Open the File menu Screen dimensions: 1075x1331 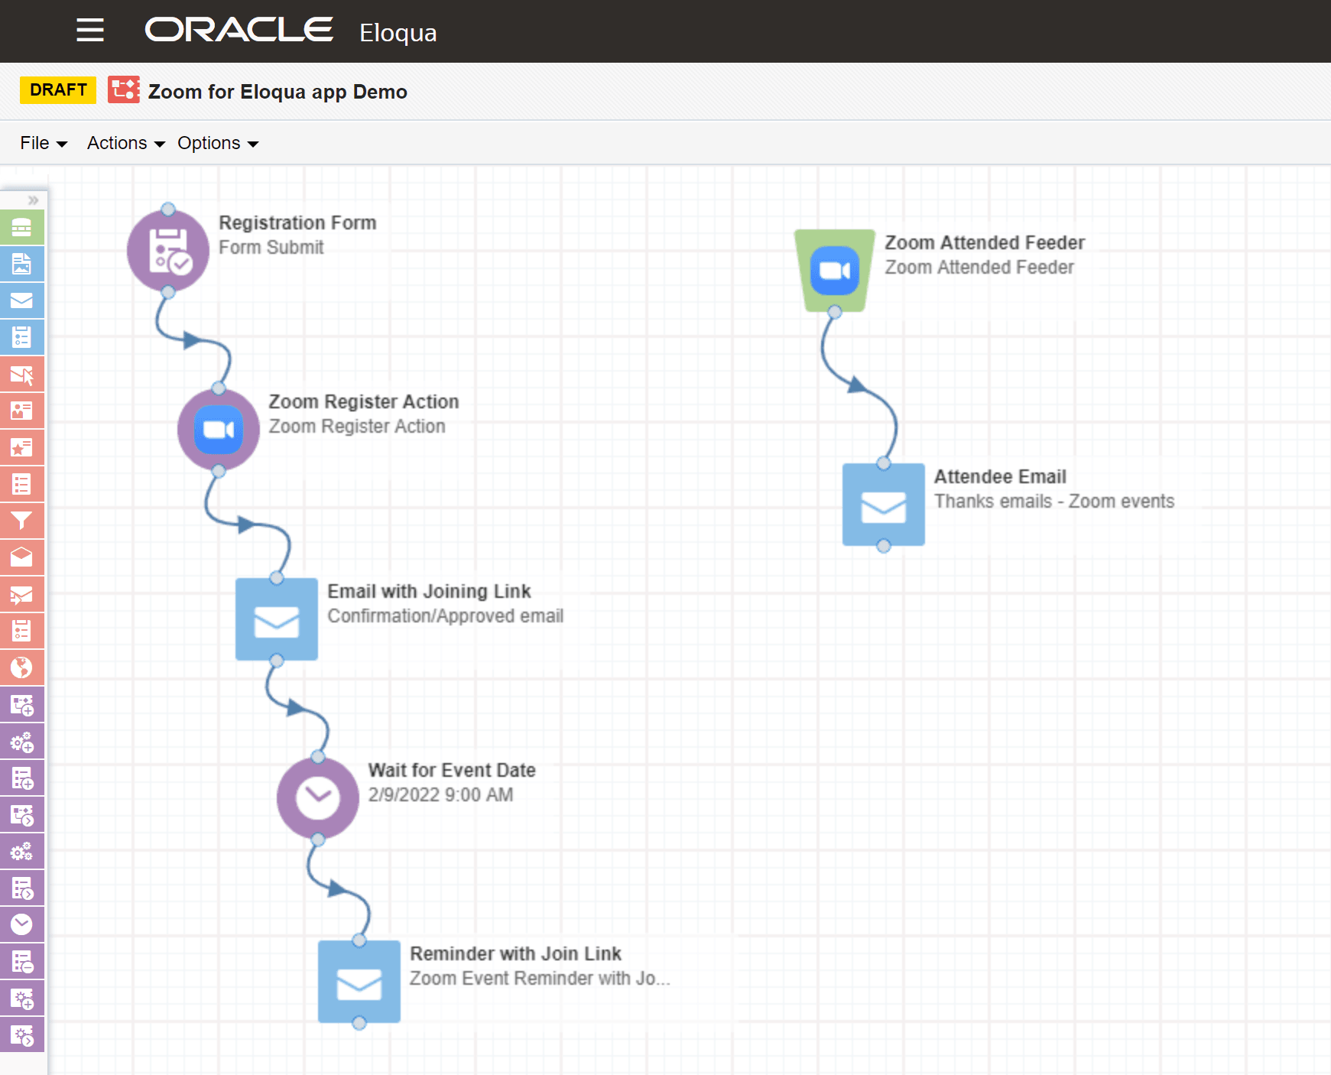pos(43,143)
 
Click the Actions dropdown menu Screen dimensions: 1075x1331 pos(125,143)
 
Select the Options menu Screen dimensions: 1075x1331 pos(217,143)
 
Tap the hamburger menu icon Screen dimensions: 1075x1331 pos(90,31)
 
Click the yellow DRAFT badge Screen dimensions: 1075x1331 pos(58,90)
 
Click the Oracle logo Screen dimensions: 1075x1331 pos(239,30)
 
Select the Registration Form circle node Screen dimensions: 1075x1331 pos(168,251)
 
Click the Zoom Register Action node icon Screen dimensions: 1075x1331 pos(219,430)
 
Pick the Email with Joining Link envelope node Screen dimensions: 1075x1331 pos(277,619)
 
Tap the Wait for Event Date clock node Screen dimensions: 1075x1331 pos(318,798)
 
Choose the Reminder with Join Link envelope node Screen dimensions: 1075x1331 pos(359,982)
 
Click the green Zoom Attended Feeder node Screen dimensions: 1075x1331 pos(835,271)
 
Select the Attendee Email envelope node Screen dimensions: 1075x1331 pos(884,505)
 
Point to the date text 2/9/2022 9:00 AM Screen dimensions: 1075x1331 pos(440,795)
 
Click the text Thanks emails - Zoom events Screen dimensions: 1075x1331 pos(1053,502)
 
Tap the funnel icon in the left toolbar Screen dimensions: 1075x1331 pos(21,521)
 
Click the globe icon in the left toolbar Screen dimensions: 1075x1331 pos(21,667)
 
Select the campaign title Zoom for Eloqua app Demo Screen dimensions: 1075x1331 pos(278,92)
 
